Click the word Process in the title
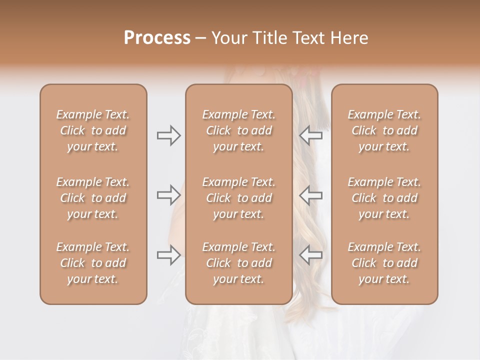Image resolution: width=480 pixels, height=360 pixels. (x=157, y=38)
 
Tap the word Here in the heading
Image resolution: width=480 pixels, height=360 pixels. (x=348, y=38)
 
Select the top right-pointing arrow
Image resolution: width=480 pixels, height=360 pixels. (x=168, y=135)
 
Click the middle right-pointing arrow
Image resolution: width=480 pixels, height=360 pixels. (x=168, y=194)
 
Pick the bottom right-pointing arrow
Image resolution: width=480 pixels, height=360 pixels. (x=168, y=255)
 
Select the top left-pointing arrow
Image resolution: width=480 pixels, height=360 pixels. (x=311, y=135)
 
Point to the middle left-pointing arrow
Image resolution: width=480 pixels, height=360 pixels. (x=311, y=194)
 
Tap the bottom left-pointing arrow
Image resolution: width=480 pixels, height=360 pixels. (x=311, y=255)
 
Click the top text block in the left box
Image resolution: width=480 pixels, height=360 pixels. (x=93, y=130)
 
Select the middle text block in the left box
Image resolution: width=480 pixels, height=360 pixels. (x=93, y=198)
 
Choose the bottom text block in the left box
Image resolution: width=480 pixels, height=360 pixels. (x=93, y=263)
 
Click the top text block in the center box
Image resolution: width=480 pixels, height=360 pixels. (x=239, y=130)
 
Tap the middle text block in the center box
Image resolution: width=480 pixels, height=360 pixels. (x=239, y=198)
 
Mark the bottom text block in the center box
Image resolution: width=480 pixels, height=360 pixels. (x=239, y=263)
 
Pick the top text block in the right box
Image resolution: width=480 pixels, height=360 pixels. (x=384, y=130)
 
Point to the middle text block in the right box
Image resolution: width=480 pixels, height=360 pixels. (x=384, y=198)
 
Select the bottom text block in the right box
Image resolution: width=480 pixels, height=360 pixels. (x=384, y=263)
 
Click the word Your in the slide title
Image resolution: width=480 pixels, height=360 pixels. (x=229, y=38)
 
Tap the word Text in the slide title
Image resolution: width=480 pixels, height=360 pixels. (x=308, y=38)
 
